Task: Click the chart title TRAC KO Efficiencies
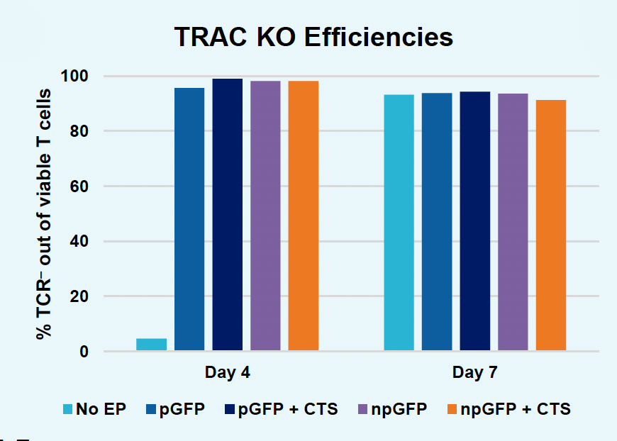coord(313,37)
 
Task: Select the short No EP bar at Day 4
coord(151,344)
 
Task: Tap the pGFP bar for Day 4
coord(189,219)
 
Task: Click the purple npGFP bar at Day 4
coord(265,216)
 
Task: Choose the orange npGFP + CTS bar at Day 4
coord(303,216)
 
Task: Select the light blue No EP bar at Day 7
coord(399,223)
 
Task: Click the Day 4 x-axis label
coord(227,372)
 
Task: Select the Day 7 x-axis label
coord(474,372)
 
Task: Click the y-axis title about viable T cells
coord(44,213)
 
